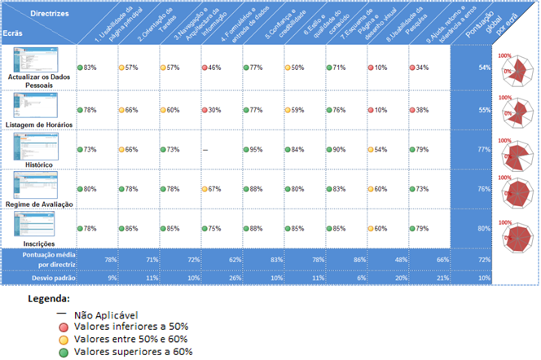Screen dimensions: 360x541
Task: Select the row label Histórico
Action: pos(40,165)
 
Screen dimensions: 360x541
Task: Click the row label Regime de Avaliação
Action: pos(40,204)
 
